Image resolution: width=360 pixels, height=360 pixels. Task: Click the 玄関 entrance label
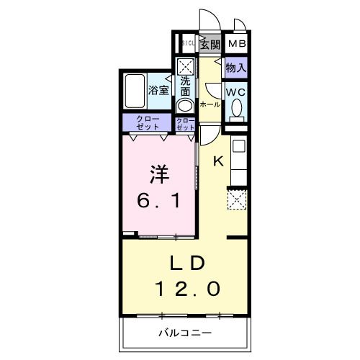click(x=210, y=45)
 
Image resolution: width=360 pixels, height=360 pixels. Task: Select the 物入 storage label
click(x=236, y=68)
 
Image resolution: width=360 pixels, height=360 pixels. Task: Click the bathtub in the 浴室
click(x=135, y=90)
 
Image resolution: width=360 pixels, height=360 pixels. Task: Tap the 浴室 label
click(x=158, y=91)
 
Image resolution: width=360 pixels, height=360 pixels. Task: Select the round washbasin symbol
click(x=186, y=105)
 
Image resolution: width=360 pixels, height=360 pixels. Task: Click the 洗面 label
click(x=186, y=86)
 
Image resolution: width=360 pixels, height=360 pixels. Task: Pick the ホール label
click(x=209, y=104)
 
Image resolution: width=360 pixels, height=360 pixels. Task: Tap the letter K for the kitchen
click(x=217, y=161)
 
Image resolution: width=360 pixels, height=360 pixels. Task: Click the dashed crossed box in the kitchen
click(x=237, y=197)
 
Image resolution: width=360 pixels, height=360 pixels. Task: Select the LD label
click(x=189, y=261)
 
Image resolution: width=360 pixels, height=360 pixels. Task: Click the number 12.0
click(x=189, y=288)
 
